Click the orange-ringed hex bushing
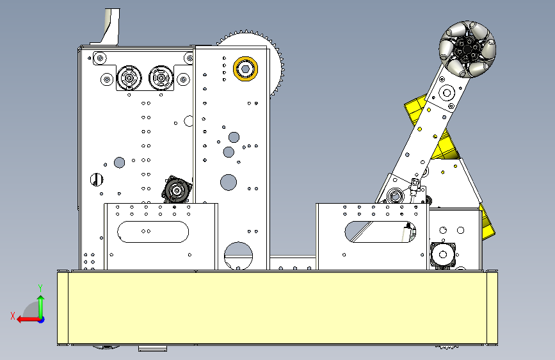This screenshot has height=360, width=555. coord(245,69)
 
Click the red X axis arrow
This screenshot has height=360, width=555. coord(29,320)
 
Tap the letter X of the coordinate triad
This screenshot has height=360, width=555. coord(13,316)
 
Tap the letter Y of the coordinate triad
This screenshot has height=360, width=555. coord(40,288)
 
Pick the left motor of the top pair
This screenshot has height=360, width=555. coord(129,78)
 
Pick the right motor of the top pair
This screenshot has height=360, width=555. coord(161,78)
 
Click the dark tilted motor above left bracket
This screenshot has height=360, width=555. coord(177,190)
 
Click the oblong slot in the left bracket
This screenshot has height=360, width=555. coord(153,232)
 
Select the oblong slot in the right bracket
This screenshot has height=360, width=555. coord(380,232)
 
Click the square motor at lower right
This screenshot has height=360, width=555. coord(443,254)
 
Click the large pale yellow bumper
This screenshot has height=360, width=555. coord(278,307)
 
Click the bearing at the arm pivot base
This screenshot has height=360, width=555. coord(395,195)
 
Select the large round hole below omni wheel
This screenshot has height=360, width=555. coord(447,93)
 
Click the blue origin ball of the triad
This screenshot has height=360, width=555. coord(42,320)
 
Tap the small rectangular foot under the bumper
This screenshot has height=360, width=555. coord(152,348)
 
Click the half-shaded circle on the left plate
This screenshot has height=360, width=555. coord(96,179)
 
